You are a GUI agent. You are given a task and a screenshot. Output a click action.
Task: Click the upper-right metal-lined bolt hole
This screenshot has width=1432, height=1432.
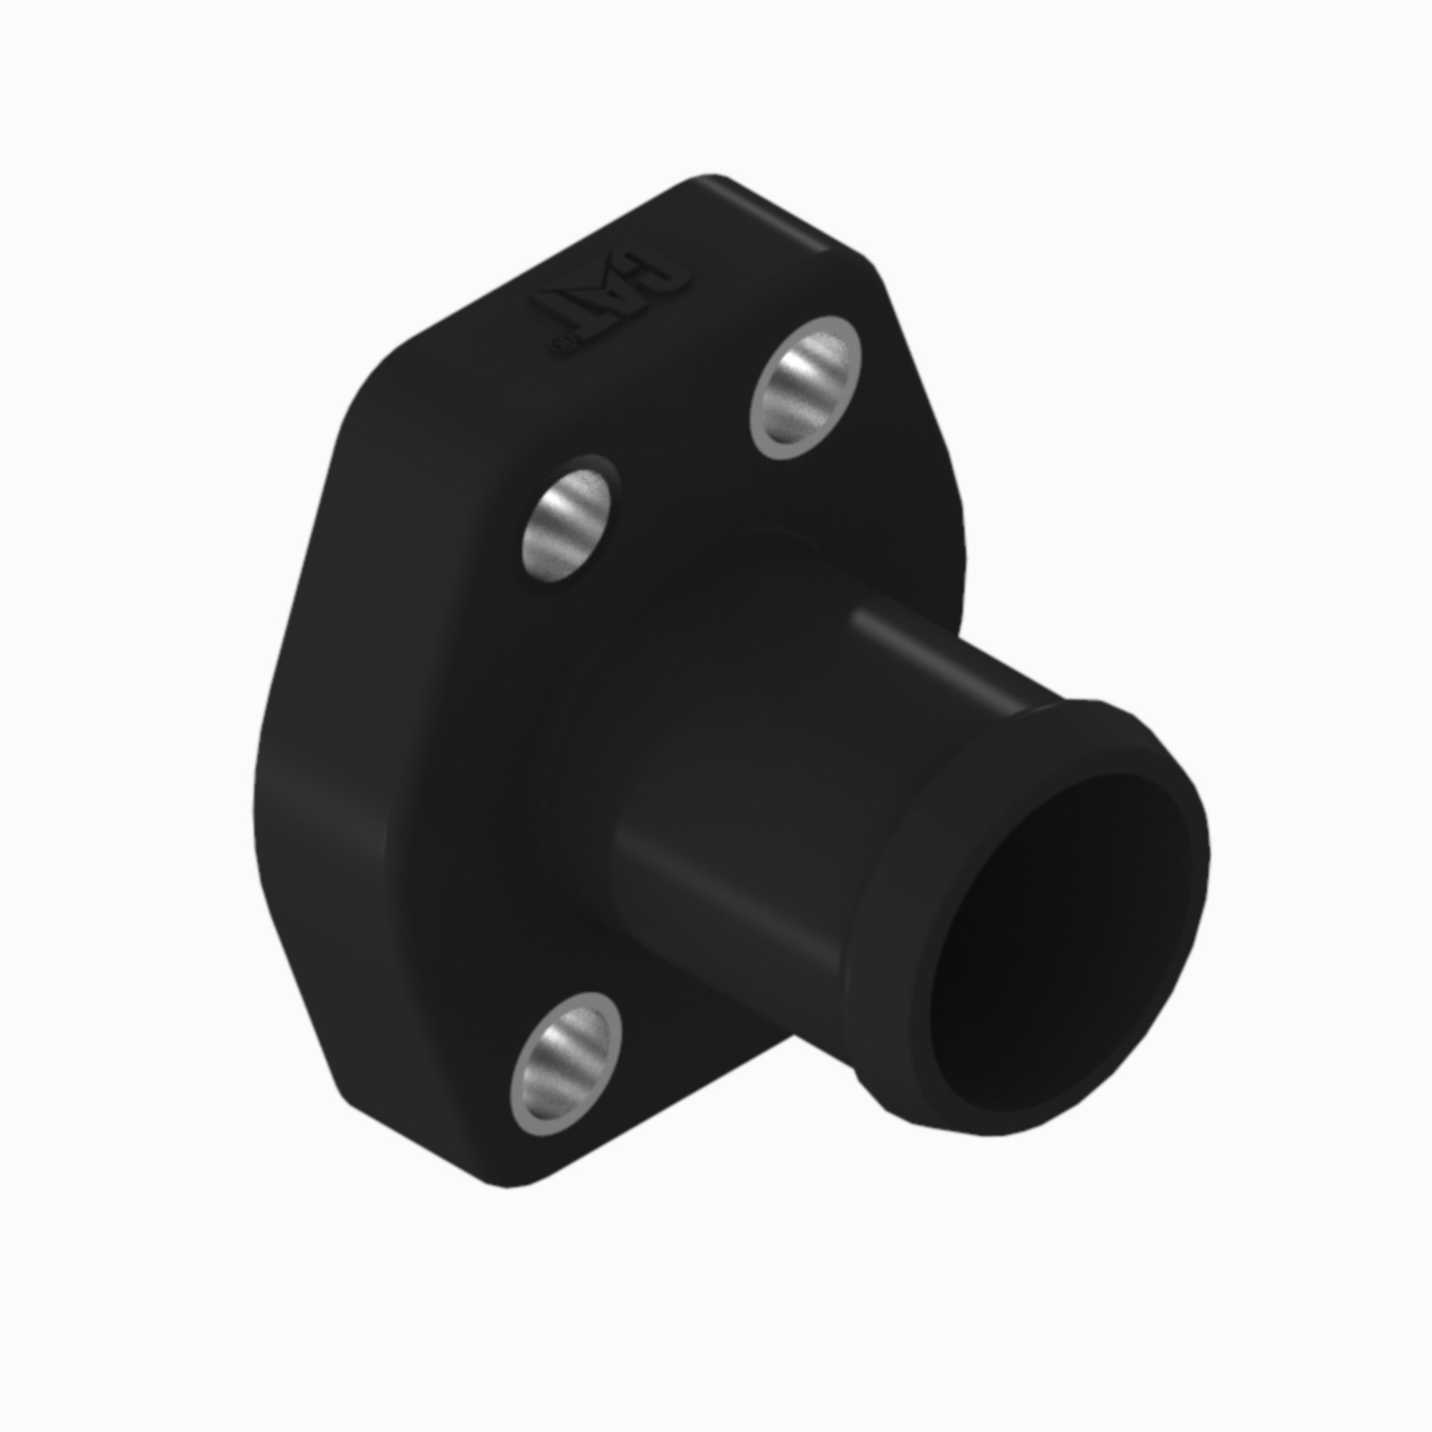(x=806, y=387)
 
